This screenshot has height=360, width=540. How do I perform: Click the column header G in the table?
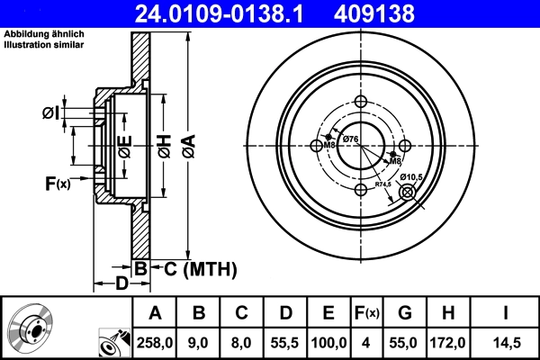[x=405, y=313]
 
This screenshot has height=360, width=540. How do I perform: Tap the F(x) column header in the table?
[x=366, y=313]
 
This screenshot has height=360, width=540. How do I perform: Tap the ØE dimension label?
[x=125, y=144]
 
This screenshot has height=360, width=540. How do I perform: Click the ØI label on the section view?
[x=50, y=112]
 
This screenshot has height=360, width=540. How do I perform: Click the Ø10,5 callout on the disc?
[x=411, y=176]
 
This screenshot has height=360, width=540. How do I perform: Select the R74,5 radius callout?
[x=384, y=184]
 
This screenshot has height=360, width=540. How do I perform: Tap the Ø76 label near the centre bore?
[x=350, y=138]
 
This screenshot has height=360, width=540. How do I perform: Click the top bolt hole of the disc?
[x=362, y=101]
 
